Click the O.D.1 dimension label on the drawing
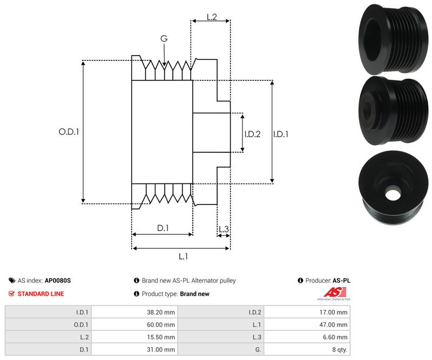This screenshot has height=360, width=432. [x=69, y=131]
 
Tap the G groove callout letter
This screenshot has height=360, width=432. [x=164, y=38]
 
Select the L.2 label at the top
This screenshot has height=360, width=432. [x=212, y=17]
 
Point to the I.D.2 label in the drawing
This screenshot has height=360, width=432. [x=252, y=134]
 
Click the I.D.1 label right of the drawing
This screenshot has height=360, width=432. [x=281, y=134]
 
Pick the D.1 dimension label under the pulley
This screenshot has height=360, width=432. [x=163, y=228]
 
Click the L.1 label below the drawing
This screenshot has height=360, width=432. [x=183, y=256]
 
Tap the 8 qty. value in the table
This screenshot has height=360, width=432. [x=338, y=349]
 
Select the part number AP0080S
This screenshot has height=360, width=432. [x=58, y=281]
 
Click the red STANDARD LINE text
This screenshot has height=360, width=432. [x=40, y=294]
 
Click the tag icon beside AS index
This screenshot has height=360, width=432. [x=12, y=281]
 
